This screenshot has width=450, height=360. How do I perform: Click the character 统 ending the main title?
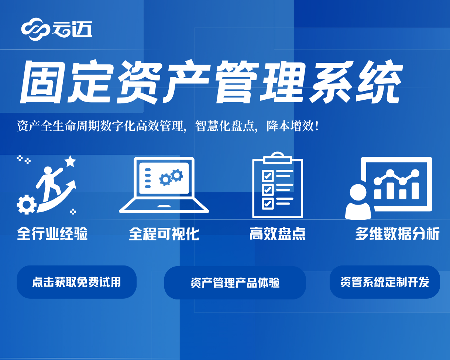(379, 82)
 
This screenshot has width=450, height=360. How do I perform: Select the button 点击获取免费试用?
(76, 282)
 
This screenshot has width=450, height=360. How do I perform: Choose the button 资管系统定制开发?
(385, 282)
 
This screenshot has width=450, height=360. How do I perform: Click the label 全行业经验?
(52, 233)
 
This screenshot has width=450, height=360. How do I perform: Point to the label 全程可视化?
(164, 234)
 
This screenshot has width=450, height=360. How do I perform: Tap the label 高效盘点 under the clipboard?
(278, 233)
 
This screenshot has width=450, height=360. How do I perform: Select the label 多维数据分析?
(397, 233)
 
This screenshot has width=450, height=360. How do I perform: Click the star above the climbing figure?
(70, 161)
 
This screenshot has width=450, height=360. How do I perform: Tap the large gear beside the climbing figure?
(27, 205)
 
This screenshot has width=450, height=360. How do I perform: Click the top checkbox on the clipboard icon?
(268, 176)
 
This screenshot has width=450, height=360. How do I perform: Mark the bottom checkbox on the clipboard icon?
(268, 203)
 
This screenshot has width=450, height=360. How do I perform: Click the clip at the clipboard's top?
(278, 158)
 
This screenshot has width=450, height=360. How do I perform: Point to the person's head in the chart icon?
(358, 192)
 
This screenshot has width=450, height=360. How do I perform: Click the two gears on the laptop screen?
(171, 177)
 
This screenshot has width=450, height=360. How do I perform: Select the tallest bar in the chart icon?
(415, 191)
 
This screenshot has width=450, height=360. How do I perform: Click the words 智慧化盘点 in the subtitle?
(225, 126)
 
